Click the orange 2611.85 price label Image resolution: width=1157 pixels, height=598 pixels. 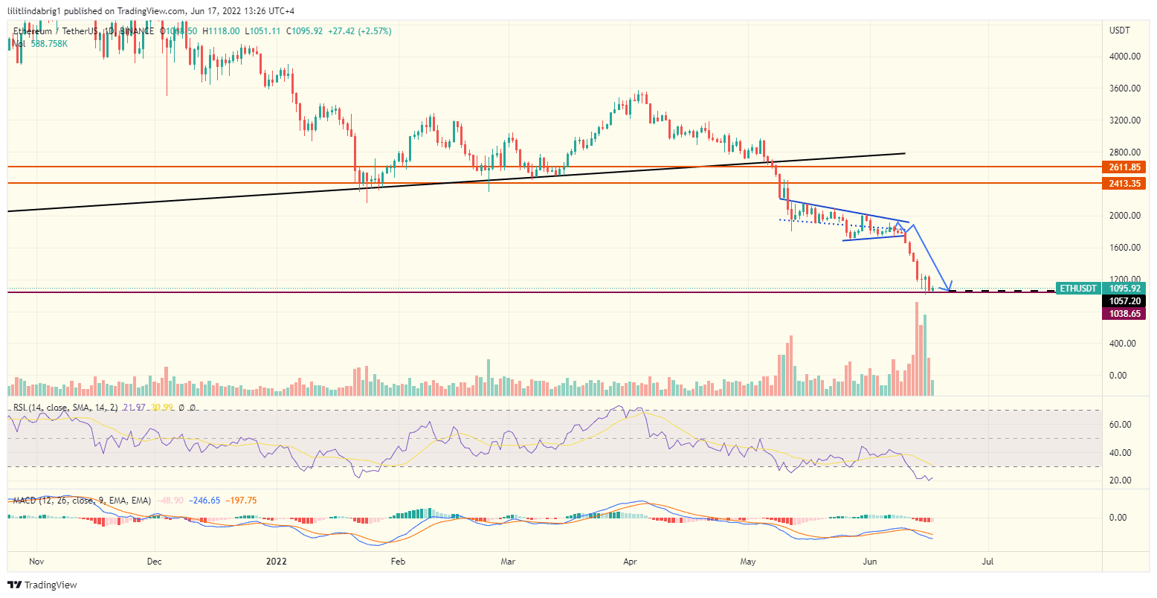click(1124, 168)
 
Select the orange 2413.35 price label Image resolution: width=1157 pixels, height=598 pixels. click(1124, 184)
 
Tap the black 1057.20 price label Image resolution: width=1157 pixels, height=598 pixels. click(1124, 301)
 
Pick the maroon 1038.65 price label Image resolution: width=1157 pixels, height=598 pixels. click(1124, 314)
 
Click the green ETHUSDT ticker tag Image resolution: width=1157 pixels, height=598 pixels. click(1077, 289)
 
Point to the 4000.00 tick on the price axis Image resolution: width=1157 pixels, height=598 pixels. click(1124, 57)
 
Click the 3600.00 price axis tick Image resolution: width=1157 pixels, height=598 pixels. click(1124, 89)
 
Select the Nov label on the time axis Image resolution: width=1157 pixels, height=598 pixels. click(36, 561)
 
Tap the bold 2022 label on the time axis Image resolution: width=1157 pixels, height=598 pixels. click(277, 561)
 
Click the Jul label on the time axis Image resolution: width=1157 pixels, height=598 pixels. click(988, 561)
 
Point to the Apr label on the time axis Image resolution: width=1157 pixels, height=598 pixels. click(631, 561)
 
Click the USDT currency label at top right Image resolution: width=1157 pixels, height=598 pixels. click(1119, 30)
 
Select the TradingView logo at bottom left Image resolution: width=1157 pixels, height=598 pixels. click(42, 585)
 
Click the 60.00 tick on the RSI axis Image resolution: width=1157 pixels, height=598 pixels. click(1121, 425)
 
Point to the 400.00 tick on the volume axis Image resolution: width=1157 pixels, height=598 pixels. click(1122, 344)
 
